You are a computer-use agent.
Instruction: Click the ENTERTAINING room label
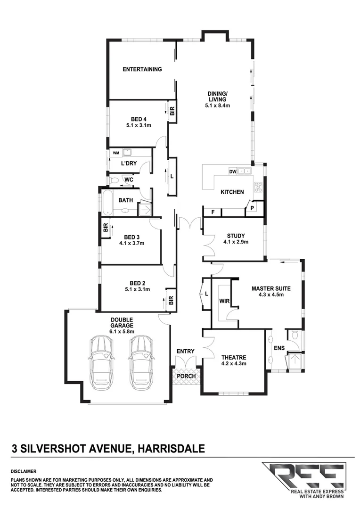click(142, 69)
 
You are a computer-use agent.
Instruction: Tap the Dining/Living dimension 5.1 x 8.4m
click(217, 106)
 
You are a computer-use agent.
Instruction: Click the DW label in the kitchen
click(232, 172)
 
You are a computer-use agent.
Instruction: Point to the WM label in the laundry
click(115, 153)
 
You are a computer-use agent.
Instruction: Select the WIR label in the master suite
click(224, 301)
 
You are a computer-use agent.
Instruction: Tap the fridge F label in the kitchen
click(213, 213)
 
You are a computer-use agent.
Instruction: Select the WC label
click(128, 180)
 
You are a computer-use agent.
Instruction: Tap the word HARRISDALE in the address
click(171, 448)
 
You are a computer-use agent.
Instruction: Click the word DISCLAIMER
click(23, 471)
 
